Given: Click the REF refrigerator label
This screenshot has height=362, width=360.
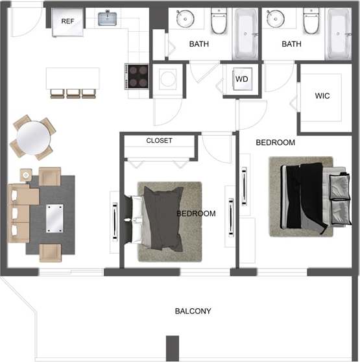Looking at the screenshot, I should point(67,21).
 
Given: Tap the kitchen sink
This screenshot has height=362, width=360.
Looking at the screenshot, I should point(108,18).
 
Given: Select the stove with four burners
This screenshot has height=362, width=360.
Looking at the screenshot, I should point(138,76).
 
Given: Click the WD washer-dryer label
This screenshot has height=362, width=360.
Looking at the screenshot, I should point(242,79).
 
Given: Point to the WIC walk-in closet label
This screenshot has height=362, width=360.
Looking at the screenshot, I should point(322,96).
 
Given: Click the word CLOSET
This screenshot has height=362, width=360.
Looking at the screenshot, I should point(159,140).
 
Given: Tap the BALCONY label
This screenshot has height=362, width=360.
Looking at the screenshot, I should point(193,311).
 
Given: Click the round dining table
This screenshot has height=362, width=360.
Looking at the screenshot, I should point(34,137).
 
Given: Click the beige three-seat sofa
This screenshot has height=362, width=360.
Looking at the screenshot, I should point(18,212).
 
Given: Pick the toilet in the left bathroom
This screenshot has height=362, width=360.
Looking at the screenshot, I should point(219,23).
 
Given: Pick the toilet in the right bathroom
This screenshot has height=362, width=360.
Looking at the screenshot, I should point(312,23).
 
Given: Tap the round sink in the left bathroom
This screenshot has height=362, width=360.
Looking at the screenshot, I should point(187,19).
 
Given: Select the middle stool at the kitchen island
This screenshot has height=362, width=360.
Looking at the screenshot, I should point(73,93).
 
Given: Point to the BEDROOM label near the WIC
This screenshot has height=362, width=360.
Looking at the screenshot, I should point(275,142).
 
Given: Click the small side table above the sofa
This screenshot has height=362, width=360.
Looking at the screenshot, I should point(26,174).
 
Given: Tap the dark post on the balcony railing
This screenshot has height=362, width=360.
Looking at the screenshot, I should point(172,347).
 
